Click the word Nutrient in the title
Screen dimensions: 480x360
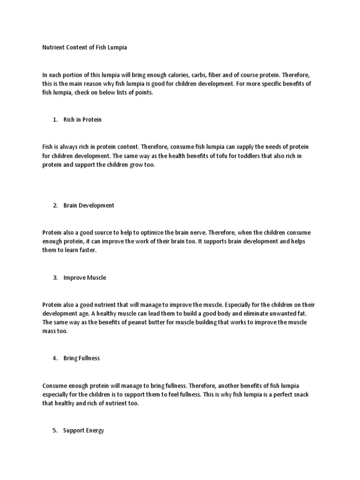point(52,47)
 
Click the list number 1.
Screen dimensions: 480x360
point(55,120)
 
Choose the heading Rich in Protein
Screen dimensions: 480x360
point(82,120)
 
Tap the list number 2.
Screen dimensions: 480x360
point(55,205)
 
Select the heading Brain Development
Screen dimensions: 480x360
point(89,205)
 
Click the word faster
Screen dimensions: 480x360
point(88,250)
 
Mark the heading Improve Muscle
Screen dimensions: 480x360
point(85,277)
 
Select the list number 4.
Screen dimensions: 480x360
point(55,358)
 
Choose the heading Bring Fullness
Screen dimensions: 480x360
point(82,358)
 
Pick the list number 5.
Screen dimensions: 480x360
point(55,430)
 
